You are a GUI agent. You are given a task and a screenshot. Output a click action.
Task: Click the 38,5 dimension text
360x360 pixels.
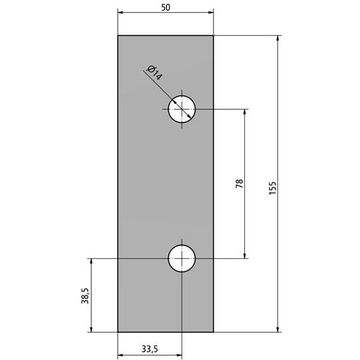coord(85,295)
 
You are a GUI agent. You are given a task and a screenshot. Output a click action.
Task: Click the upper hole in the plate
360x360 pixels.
coord(182,109)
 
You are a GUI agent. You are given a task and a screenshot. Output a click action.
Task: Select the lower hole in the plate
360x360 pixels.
coord(182,258)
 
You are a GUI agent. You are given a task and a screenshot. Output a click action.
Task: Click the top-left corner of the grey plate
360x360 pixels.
coord(118,35)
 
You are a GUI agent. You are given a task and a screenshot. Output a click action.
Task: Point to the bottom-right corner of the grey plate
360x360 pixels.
coord(214,331)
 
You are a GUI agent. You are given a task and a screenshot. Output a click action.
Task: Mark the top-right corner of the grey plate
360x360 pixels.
coord(214,35)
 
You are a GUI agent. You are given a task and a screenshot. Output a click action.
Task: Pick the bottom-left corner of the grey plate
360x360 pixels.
coord(118,331)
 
